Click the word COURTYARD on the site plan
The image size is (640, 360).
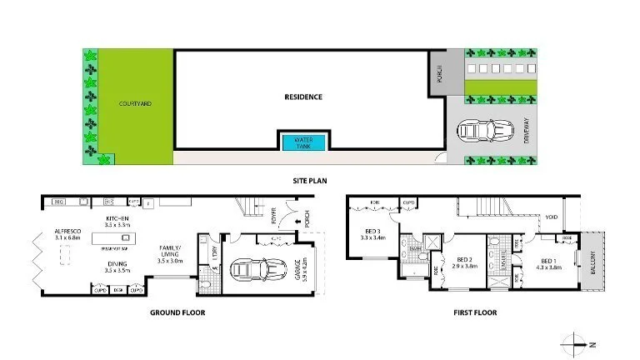click(x=134, y=104)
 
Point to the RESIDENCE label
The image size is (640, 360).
click(x=302, y=97)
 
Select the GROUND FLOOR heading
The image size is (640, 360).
click(x=177, y=313)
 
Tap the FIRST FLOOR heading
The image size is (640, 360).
click(x=473, y=313)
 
